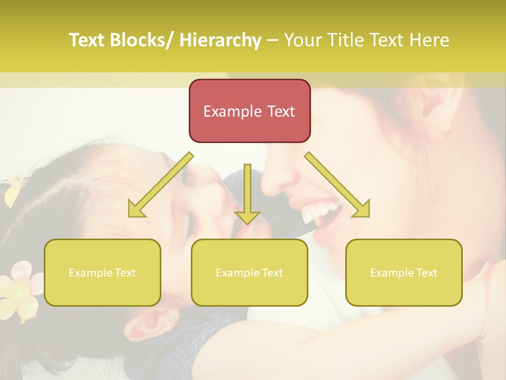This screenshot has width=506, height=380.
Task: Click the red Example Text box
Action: [x=249, y=111]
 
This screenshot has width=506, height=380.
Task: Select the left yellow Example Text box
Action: [x=102, y=273]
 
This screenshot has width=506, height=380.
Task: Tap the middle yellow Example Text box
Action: [x=249, y=273]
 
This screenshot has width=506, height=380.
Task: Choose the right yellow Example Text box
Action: [x=404, y=273]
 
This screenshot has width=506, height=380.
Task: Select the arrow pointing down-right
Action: [x=337, y=185]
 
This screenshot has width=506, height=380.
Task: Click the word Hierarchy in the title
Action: [x=220, y=40]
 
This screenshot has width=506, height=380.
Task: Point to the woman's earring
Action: [x=442, y=128]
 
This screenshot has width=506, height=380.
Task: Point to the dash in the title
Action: [x=273, y=40]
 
